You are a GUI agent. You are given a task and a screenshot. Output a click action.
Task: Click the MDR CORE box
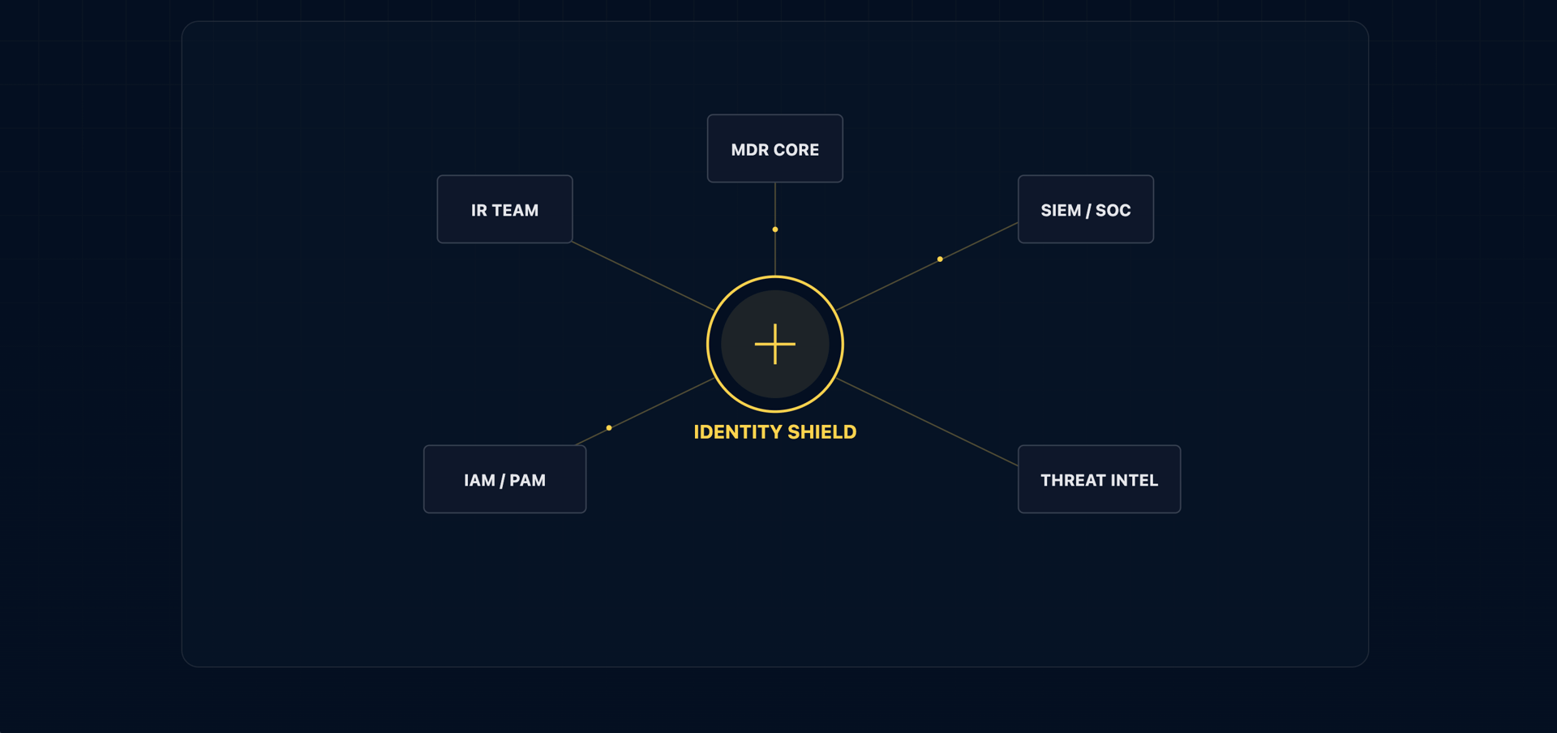click(774, 148)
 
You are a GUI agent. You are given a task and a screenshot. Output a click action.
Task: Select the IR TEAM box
click(504, 209)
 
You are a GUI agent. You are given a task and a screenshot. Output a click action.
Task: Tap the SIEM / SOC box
click(1085, 209)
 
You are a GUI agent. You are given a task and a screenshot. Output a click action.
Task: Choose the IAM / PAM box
click(504, 479)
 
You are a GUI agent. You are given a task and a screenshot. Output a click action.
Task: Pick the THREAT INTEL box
click(1099, 479)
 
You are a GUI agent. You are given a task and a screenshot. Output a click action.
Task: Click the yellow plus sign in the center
click(774, 344)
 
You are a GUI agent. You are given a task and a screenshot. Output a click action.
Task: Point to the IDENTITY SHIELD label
click(774, 432)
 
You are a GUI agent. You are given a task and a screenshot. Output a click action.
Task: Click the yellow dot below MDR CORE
click(775, 229)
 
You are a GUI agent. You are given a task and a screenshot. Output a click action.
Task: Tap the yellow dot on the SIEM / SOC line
click(940, 259)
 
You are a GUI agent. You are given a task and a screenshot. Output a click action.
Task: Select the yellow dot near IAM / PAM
click(609, 427)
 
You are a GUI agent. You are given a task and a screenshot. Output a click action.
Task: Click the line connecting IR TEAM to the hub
click(642, 276)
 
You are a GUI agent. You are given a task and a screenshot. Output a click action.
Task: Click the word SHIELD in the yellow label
click(821, 432)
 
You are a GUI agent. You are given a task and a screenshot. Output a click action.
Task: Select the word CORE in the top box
click(796, 150)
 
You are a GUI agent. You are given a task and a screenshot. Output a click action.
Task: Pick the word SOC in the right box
click(1113, 211)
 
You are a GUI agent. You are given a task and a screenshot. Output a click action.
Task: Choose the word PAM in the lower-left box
click(527, 480)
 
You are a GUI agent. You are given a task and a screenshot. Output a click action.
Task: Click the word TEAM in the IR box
click(515, 211)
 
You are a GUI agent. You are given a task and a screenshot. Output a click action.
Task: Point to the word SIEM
click(1061, 211)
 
